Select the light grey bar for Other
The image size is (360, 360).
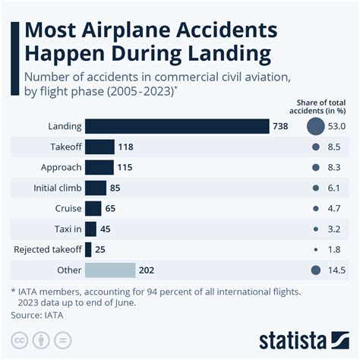[109, 270]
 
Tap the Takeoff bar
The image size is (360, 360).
[99, 147]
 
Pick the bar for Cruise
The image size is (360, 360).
[93, 208]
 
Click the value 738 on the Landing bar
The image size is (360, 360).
[280, 126]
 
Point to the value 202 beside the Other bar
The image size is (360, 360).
[146, 270]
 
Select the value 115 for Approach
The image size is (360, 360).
[125, 167]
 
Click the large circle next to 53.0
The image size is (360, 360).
[316, 126]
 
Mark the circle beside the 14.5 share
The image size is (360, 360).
[316, 270]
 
